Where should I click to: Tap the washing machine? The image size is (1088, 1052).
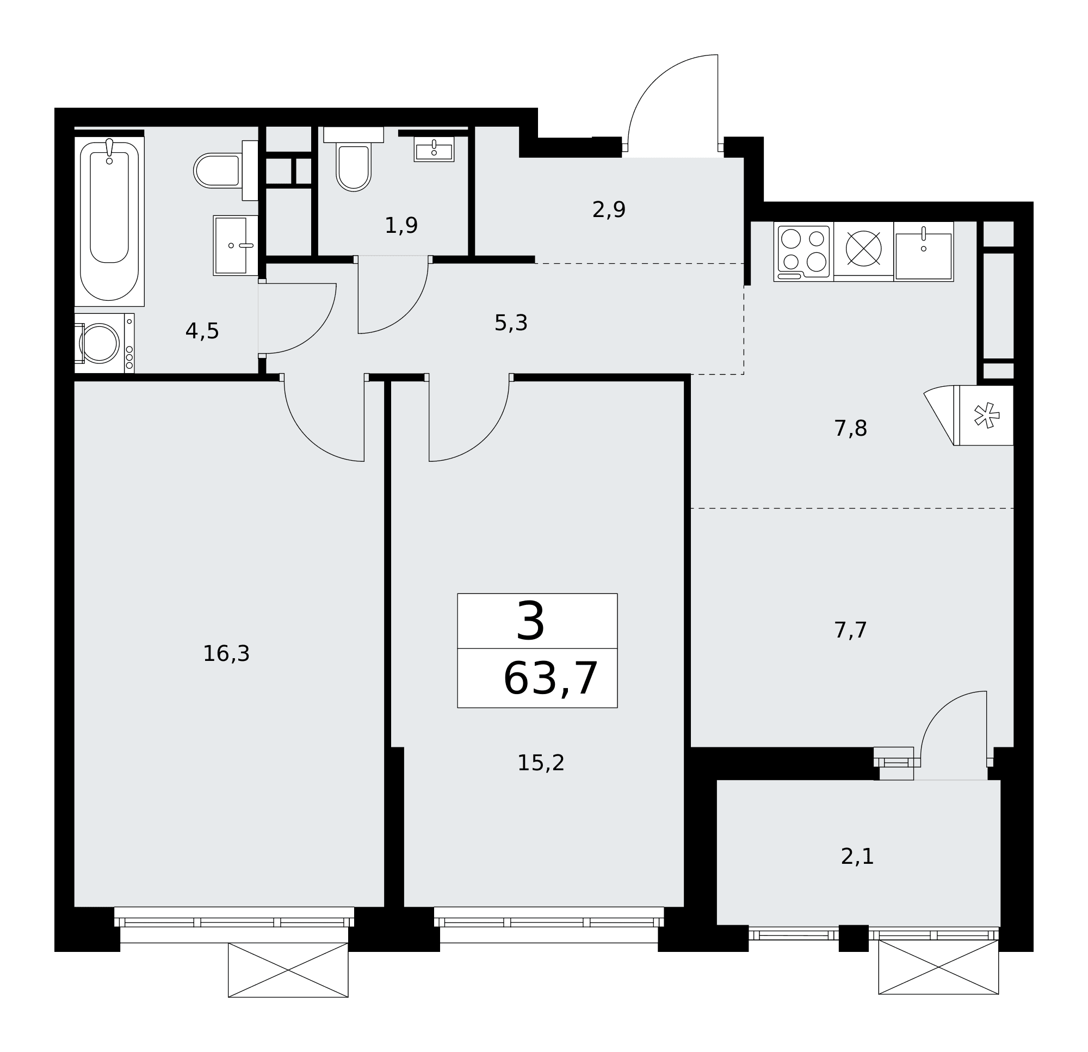tap(104, 343)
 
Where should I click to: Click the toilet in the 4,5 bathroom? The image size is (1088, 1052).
tap(226, 170)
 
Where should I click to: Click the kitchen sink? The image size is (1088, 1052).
tap(924, 251)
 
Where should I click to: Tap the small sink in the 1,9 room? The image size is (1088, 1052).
tap(434, 150)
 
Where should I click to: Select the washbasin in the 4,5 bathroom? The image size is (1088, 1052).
tap(236, 245)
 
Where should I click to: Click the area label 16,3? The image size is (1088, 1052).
tap(226, 654)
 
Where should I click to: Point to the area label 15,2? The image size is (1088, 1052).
tap(541, 763)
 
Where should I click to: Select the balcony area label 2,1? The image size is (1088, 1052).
tap(857, 857)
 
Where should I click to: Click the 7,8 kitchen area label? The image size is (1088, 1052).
tap(850, 429)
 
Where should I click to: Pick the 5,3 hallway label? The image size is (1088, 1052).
tap(511, 323)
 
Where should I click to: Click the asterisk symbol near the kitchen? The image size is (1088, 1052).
tap(987, 416)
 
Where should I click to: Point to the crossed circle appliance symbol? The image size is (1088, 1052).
tap(864, 248)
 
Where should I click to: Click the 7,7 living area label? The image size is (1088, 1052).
tap(850, 630)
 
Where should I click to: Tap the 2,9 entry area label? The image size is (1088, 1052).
tap(609, 210)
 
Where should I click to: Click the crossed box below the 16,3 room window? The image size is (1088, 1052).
tap(288, 970)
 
